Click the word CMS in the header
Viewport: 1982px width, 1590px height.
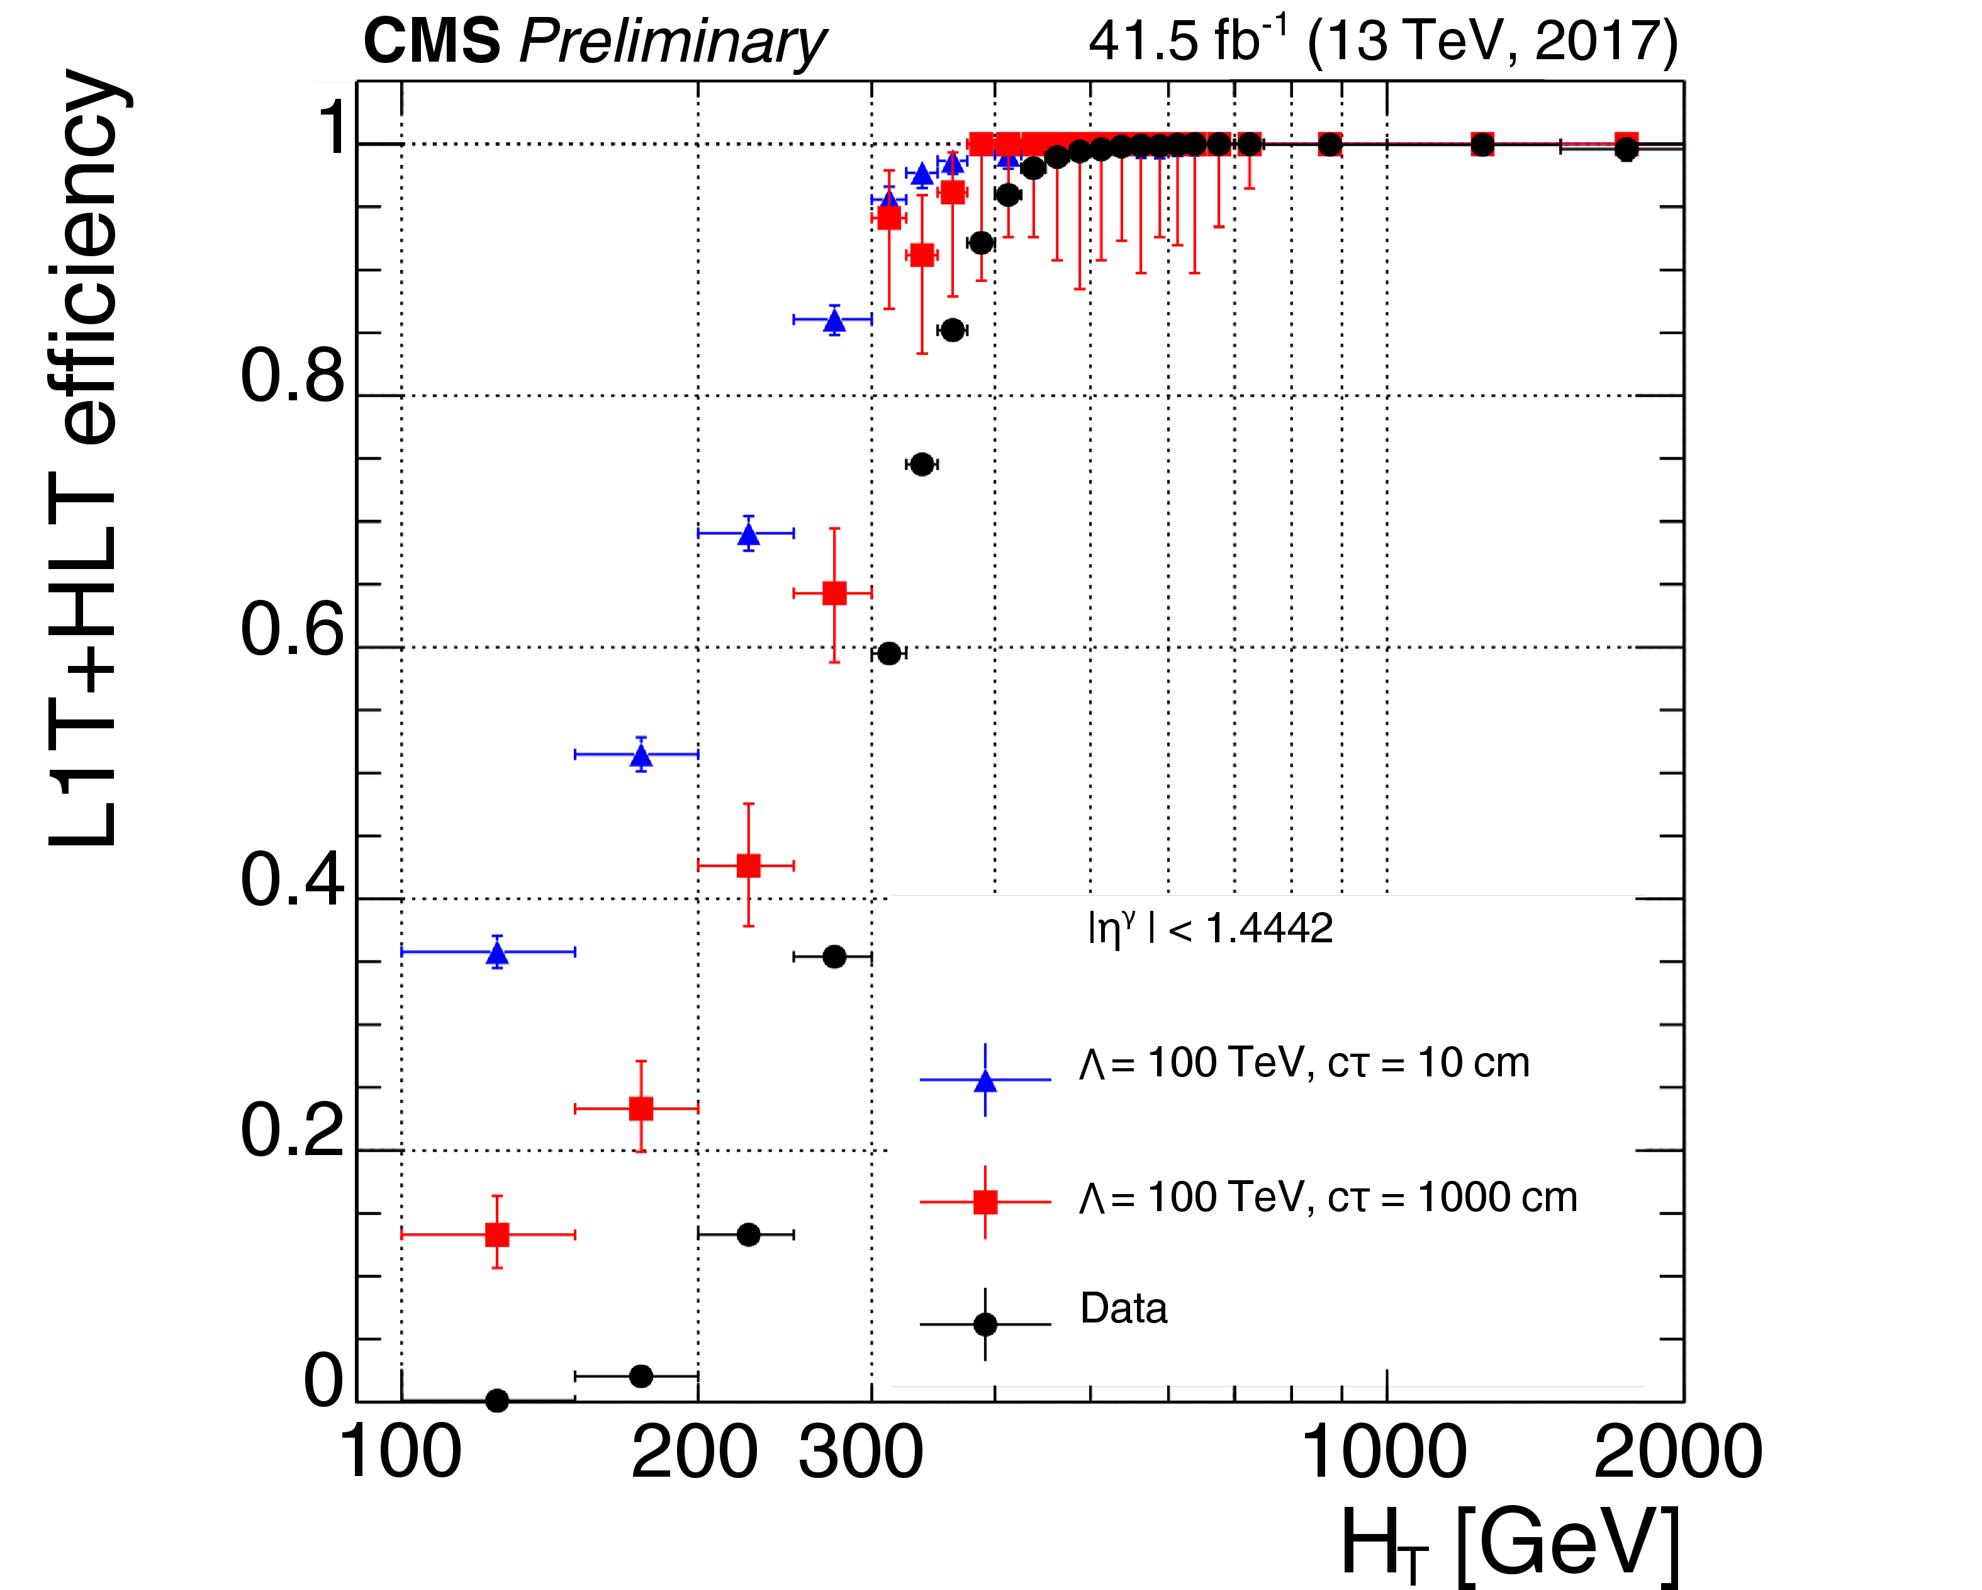pyautogui.click(x=432, y=42)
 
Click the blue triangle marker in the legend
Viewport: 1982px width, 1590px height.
pyautogui.click(x=985, y=1081)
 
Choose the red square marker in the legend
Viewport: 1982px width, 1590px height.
pyautogui.click(x=985, y=1202)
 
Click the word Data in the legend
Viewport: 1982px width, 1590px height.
pyautogui.click(x=1123, y=1307)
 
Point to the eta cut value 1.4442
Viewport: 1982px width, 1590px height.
pyautogui.click(x=1268, y=929)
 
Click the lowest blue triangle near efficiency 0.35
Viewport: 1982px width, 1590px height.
pyautogui.click(x=497, y=953)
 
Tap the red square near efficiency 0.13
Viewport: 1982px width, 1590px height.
pyautogui.click(x=497, y=1234)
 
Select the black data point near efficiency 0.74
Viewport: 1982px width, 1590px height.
pyautogui.click(x=922, y=465)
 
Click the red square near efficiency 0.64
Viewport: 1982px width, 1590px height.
pyautogui.click(x=834, y=593)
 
